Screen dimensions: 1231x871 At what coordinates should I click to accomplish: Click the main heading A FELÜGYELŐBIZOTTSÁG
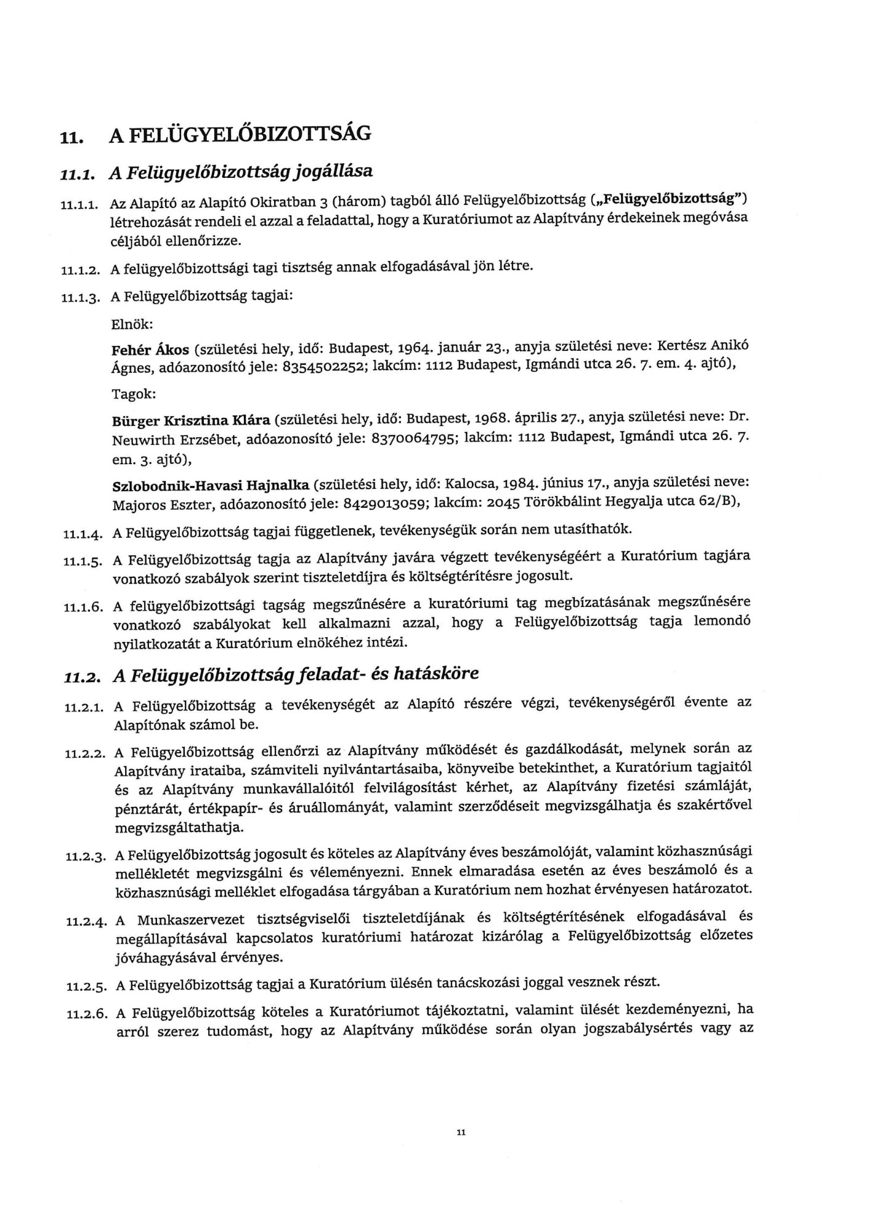click(x=240, y=134)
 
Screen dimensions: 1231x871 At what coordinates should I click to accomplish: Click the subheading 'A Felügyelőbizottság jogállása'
click(x=241, y=171)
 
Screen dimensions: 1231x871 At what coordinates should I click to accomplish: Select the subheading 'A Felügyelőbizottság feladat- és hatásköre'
click(x=296, y=675)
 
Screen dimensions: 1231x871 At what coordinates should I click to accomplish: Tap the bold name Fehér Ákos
click(x=150, y=350)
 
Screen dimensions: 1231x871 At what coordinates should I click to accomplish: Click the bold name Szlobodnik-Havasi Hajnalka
click(x=210, y=486)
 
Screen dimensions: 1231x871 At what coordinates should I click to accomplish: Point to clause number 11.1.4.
click(x=81, y=534)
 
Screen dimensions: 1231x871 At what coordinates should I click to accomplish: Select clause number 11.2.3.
click(x=85, y=857)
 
